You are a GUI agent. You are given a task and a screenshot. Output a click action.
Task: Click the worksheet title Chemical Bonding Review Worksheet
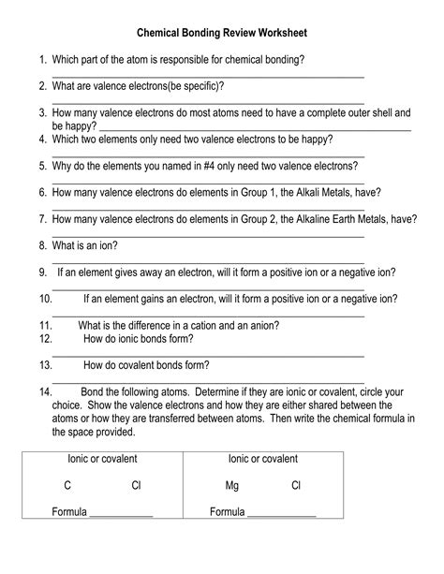tap(221, 33)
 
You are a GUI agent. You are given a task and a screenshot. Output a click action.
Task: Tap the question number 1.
tap(43, 59)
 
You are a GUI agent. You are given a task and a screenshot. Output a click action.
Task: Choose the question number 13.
tap(45, 365)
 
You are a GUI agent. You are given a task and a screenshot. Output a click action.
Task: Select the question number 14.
tap(45, 392)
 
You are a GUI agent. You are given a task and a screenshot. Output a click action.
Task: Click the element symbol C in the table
tap(67, 485)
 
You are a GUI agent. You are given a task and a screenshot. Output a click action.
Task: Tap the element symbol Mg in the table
tap(233, 485)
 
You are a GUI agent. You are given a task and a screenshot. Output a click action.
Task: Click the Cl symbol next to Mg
tap(296, 485)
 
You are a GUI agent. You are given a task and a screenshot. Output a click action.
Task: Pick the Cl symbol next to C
tap(136, 485)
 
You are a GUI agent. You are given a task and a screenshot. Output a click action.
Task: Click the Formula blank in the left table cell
tap(121, 514)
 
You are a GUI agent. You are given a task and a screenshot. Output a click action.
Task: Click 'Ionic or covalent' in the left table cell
tap(102, 459)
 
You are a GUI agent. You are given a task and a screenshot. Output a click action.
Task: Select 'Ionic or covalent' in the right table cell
tap(263, 459)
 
